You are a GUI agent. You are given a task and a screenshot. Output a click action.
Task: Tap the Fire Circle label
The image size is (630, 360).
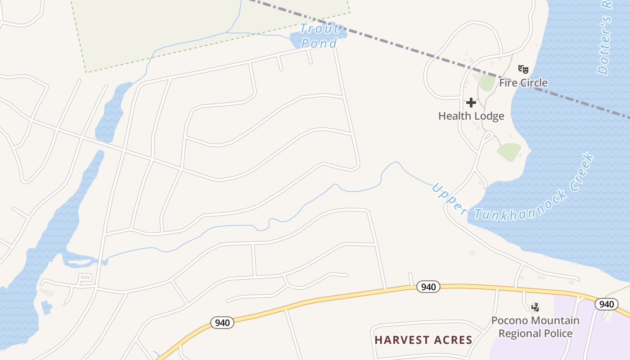pos(523,83)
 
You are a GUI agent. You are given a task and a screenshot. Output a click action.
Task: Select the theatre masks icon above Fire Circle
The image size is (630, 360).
pos(523,69)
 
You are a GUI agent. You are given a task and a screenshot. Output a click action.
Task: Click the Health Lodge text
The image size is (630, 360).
pos(471,116)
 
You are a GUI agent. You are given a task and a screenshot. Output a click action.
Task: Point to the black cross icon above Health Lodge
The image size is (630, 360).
pos(471,103)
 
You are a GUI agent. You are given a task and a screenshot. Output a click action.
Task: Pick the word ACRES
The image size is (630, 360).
pos(453,340)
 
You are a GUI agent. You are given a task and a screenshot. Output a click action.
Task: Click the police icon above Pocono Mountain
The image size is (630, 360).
pos(535,307)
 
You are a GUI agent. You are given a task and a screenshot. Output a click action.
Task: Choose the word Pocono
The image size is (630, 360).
pos(509,321)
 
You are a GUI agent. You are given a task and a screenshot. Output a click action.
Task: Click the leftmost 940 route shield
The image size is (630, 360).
pos(222,323)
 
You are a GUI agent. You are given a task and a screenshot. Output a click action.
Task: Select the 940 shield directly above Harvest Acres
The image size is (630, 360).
pos(428,287)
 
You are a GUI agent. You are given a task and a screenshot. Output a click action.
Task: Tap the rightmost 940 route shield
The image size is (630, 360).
pos(606,304)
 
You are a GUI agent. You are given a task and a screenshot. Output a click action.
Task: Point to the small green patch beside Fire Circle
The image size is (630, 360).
pos(487,83)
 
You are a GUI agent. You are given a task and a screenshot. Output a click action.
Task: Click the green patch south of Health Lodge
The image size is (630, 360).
pos(509,152)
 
